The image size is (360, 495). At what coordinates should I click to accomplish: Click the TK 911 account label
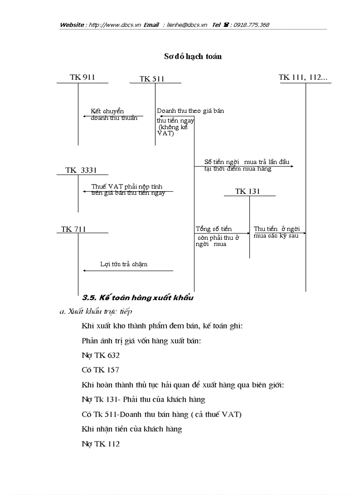pyautogui.click(x=82, y=78)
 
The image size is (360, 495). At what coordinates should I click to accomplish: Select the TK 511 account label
pyautogui.click(x=152, y=79)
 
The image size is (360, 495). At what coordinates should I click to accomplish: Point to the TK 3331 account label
pyautogui.click(x=81, y=170)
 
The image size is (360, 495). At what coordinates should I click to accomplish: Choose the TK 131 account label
pyautogui.click(x=247, y=191)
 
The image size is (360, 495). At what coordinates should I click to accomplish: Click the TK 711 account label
pyautogui.click(x=74, y=229)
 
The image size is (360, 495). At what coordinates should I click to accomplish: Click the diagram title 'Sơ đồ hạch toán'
pyautogui.click(x=193, y=56)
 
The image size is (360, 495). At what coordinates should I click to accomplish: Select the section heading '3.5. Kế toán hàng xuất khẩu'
pyautogui.click(x=138, y=298)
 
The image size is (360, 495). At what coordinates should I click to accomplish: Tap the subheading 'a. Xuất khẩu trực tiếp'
pyautogui.click(x=96, y=312)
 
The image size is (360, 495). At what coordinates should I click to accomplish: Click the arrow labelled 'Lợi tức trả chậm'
pyautogui.click(x=128, y=270)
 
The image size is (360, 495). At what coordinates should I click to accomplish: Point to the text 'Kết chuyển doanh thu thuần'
pyautogui.click(x=114, y=115)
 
